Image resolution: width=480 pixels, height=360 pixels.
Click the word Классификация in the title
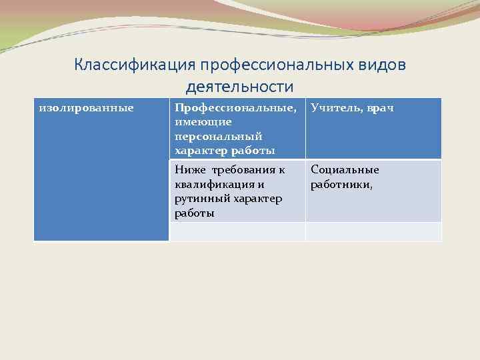click(123, 65)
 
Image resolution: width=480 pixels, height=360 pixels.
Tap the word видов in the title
click(383, 65)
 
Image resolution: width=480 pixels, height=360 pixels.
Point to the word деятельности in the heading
click(239, 87)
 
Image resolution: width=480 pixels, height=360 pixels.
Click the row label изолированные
click(86, 107)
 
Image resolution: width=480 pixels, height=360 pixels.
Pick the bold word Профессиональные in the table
click(234, 107)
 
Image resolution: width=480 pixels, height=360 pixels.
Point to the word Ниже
click(189, 169)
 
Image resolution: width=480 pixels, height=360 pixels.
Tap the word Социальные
click(345, 169)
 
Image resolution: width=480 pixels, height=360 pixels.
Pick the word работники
click(341, 184)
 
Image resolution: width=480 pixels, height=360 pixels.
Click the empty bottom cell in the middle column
click(237, 231)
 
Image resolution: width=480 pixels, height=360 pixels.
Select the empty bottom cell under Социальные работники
click(373, 231)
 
